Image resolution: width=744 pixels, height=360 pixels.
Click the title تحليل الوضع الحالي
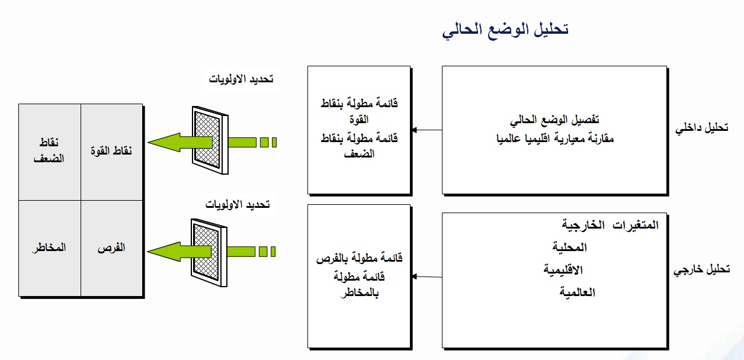click(x=505, y=30)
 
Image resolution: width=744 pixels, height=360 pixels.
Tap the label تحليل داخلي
click(x=702, y=128)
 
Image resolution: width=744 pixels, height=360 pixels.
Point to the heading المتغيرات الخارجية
click(x=610, y=226)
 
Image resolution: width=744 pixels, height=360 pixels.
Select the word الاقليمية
click(x=563, y=270)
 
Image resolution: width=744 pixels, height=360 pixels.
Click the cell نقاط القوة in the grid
click(x=111, y=151)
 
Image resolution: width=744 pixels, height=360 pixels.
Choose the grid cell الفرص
click(x=111, y=247)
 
